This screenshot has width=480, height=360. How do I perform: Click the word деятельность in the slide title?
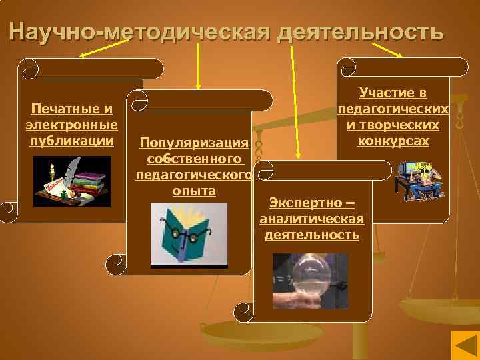[x=361, y=32]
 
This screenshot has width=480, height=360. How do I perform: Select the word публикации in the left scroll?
[x=71, y=141]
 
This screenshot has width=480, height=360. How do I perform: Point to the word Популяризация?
[x=193, y=143]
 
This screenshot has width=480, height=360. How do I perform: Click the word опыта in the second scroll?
[x=193, y=191]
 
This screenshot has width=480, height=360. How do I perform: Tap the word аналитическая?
[x=311, y=219]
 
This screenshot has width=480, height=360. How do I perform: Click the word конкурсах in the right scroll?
[x=393, y=141]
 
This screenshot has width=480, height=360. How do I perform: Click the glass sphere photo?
[x=311, y=281]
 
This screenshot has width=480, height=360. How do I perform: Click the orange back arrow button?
[x=462, y=346]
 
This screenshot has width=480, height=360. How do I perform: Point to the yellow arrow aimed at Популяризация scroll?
[x=198, y=67]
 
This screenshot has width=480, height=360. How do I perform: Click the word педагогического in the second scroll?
[x=193, y=175]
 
